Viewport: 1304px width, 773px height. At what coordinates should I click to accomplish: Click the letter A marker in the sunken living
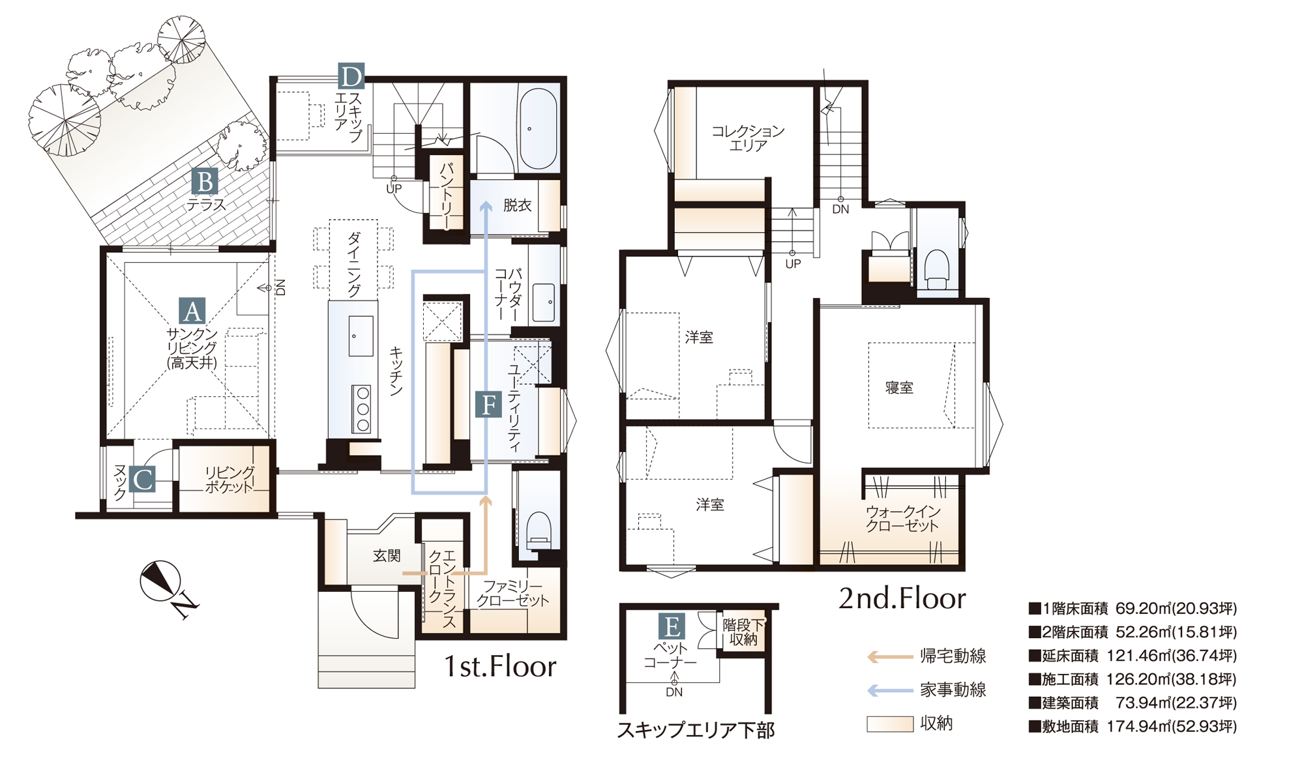tap(192, 311)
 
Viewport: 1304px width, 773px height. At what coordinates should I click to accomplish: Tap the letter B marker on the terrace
tap(205, 182)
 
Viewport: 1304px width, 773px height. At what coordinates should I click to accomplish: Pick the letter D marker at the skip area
tap(351, 76)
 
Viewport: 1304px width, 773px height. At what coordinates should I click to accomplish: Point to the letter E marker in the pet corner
tap(672, 626)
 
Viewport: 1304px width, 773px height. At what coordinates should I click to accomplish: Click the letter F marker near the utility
tap(488, 404)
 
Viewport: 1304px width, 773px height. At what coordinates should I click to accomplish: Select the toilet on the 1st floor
tap(539, 529)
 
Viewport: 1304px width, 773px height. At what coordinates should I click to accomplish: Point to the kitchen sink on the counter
tap(361, 336)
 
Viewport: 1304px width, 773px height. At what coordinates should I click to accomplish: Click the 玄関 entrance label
tap(387, 555)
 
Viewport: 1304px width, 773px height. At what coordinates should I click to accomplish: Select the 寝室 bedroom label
tap(899, 388)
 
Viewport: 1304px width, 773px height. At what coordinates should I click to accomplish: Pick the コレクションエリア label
tap(748, 138)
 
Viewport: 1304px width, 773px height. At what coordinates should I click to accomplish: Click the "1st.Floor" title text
tap(500, 666)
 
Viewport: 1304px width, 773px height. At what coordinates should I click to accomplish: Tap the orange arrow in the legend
tap(889, 656)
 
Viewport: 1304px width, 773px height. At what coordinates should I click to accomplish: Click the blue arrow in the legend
tap(889, 690)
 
